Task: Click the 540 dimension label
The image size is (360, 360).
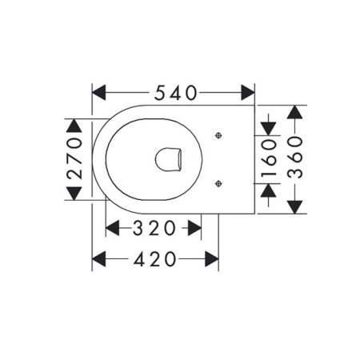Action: [x=174, y=93]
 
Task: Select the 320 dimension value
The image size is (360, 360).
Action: [x=153, y=228]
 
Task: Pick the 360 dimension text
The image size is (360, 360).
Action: [x=295, y=159]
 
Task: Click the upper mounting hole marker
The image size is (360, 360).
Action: [x=218, y=136]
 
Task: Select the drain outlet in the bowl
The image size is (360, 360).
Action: [x=169, y=159]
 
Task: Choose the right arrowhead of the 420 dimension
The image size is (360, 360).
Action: [x=211, y=258]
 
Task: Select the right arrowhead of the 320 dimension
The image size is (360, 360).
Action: [x=194, y=228]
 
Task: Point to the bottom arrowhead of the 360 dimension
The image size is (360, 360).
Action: [x=295, y=206]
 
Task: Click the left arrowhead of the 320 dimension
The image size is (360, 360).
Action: [x=114, y=228]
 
